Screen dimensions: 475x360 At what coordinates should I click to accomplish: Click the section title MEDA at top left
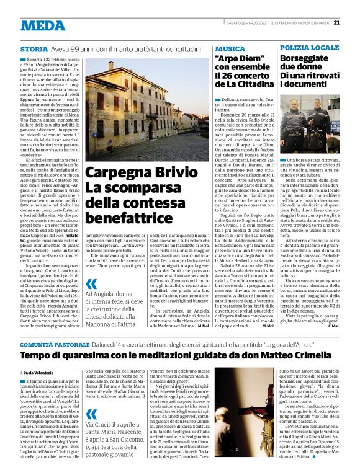pos(43,25)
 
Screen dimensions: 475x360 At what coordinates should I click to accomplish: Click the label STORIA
pos(34,48)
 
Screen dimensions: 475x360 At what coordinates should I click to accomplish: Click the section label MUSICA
pos(230,48)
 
